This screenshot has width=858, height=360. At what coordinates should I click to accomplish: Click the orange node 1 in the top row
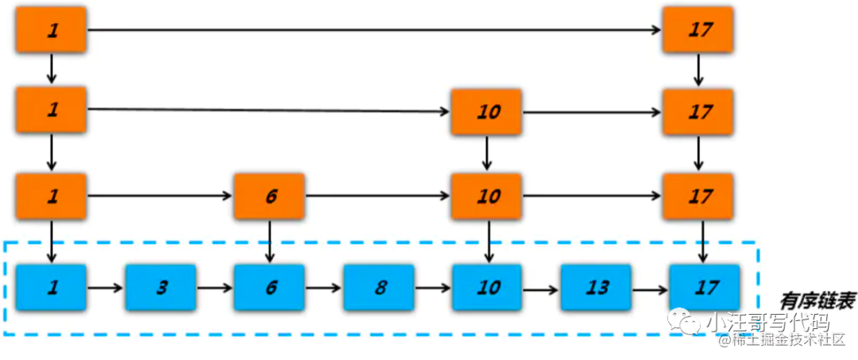pos(52,31)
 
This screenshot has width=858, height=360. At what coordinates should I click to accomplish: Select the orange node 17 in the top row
pos(698,31)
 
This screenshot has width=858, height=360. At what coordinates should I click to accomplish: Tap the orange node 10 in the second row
pos(486,112)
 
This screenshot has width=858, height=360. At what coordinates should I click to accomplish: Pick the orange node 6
pos(269,196)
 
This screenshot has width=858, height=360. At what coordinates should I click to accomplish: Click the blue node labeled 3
pos(160,287)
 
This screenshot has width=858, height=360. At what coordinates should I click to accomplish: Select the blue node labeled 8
pos(379,287)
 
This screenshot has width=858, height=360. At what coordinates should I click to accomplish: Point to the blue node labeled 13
pos(596,287)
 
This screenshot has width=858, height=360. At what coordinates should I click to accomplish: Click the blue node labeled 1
pos(52,287)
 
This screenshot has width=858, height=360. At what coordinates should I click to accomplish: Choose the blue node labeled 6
pos(269,287)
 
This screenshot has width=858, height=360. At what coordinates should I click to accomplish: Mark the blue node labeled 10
pos(486,287)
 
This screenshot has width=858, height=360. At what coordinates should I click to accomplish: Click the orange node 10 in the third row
pos(486,196)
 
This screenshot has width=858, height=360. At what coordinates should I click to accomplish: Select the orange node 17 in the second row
pos(698,112)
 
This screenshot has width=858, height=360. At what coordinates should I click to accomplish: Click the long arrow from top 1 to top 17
pos(373,30)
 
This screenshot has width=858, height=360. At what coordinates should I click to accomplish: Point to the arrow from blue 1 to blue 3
pos(106,288)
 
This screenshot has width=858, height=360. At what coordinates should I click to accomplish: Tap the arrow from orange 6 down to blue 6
pos(269,241)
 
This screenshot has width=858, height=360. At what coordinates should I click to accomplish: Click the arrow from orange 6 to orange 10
pos(377,195)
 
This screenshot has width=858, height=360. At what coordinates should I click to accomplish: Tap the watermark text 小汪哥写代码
pos(767,323)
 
